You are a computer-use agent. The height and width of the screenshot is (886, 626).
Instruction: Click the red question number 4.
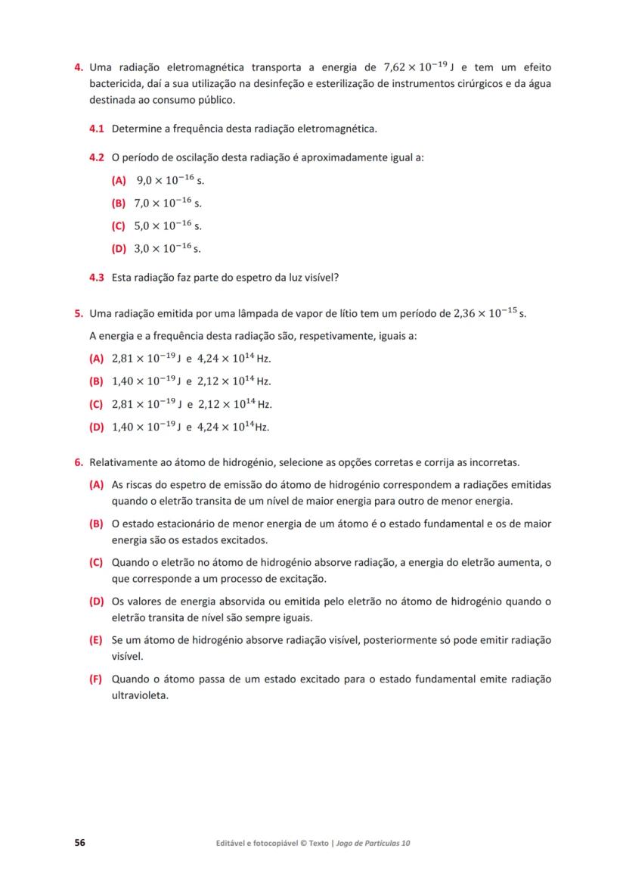pyautogui.click(x=78, y=67)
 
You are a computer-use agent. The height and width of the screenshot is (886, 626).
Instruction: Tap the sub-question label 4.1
pyautogui.click(x=97, y=129)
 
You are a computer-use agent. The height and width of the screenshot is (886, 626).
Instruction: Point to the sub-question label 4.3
pyautogui.click(x=97, y=277)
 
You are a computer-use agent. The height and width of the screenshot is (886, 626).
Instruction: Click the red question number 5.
pyautogui.click(x=78, y=312)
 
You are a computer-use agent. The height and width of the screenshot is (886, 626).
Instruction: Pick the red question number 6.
pyautogui.click(x=78, y=462)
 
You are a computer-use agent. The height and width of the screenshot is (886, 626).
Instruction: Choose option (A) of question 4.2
pyautogui.click(x=119, y=180)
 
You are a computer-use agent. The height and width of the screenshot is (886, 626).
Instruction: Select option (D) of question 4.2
pyautogui.click(x=119, y=248)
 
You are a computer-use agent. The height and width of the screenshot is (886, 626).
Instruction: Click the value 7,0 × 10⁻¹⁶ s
pyautogui.click(x=168, y=203)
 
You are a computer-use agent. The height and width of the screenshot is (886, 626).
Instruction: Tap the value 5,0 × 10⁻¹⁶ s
pyautogui.click(x=168, y=225)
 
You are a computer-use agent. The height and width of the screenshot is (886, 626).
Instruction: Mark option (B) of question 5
pyautogui.click(x=96, y=381)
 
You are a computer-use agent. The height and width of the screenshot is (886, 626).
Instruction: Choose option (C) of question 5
pyautogui.click(x=96, y=404)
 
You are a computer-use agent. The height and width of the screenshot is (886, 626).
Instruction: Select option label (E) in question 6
pyautogui.click(x=96, y=640)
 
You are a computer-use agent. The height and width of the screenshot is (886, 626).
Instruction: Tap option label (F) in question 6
pyautogui.click(x=96, y=679)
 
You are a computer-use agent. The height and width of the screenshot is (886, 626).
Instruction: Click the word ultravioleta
pyautogui.click(x=140, y=695)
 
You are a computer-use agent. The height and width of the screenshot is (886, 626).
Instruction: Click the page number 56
pyautogui.click(x=79, y=842)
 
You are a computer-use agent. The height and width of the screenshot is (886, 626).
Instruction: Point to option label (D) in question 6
pyautogui.click(x=96, y=602)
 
